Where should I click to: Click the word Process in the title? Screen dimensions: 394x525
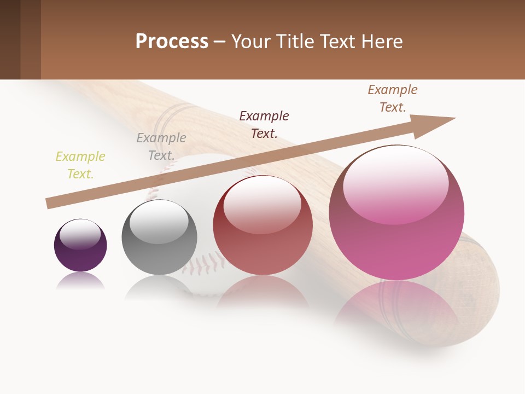point(172,41)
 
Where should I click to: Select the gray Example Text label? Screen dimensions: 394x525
point(161,147)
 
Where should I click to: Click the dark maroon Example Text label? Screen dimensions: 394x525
point(264,124)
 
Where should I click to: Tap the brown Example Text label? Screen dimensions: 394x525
point(393,99)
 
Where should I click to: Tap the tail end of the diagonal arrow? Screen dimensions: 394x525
point(49,204)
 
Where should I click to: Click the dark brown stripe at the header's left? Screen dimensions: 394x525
point(10,39)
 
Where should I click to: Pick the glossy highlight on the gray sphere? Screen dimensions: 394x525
point(159,221)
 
